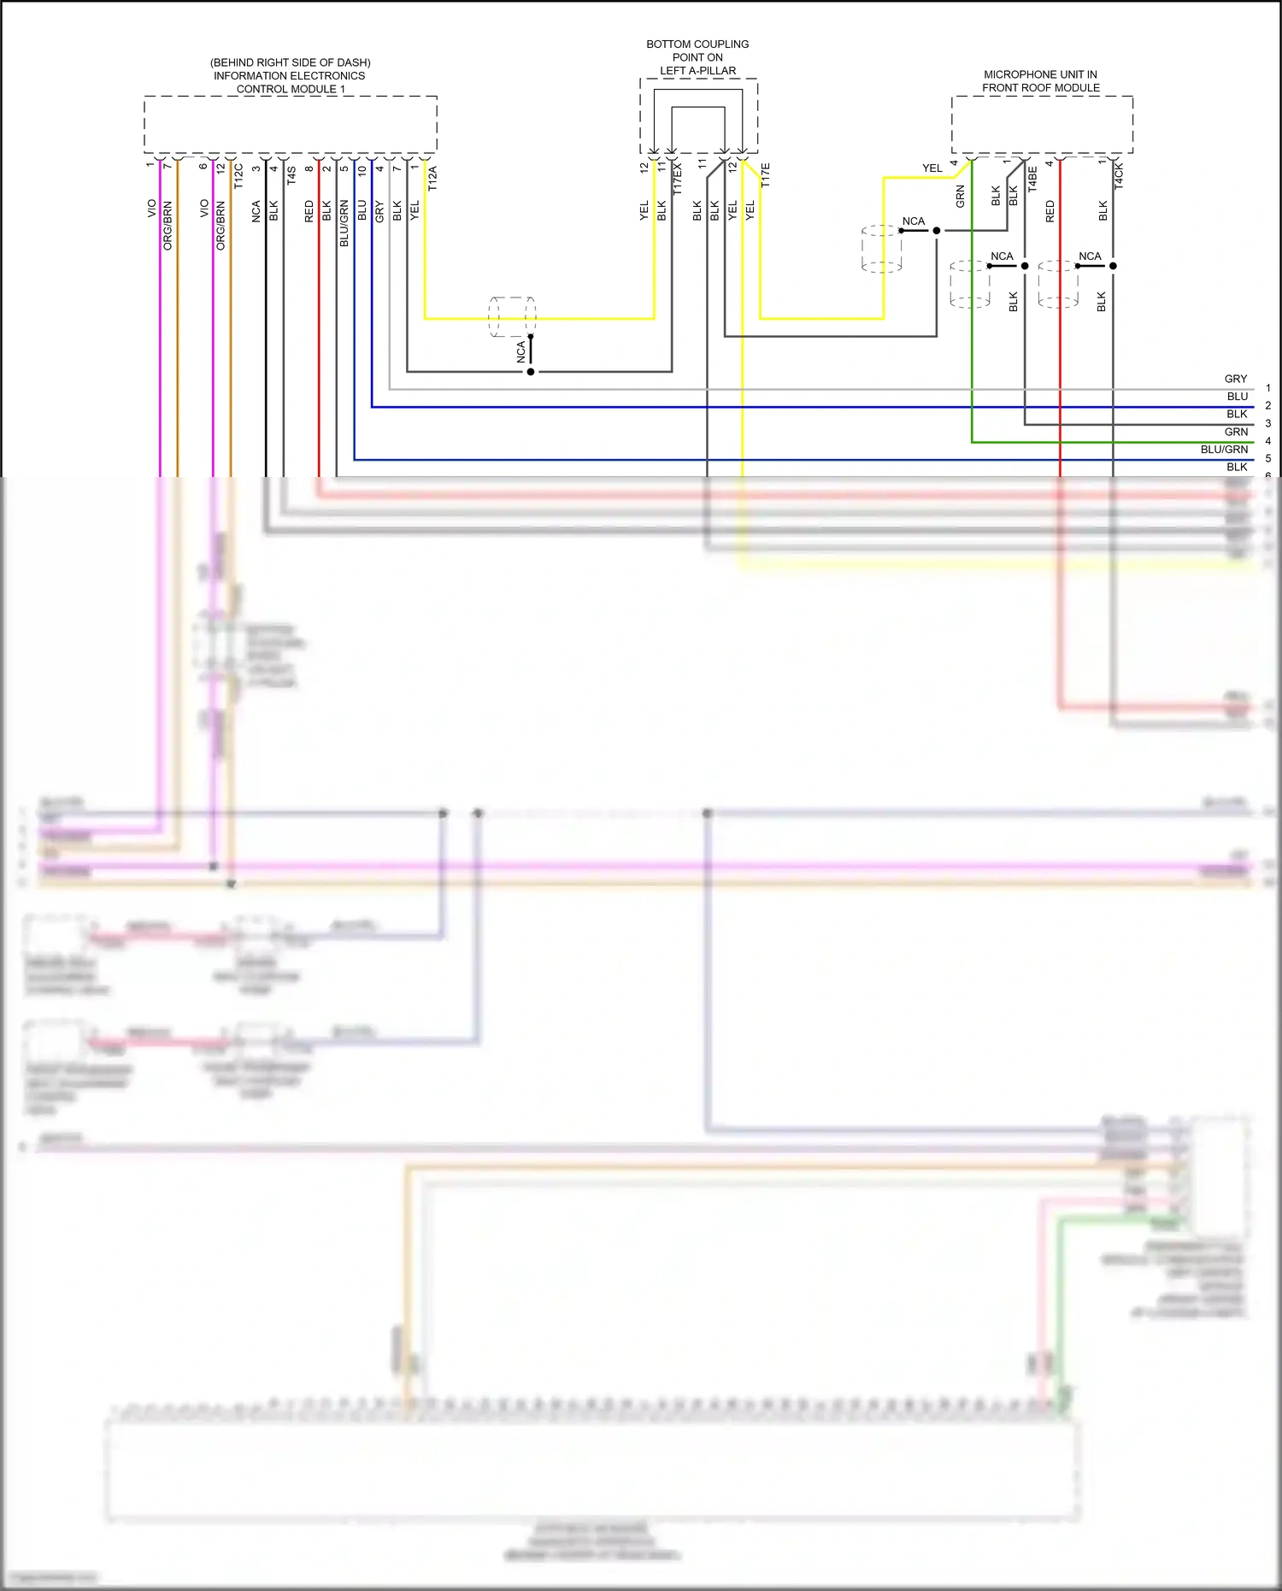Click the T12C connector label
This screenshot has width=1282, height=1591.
[238, 175]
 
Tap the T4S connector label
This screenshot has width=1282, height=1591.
[291, 175]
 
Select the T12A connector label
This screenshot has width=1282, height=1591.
[432, 178]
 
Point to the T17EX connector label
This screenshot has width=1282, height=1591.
[678, 180]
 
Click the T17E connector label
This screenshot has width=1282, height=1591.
[766, 175]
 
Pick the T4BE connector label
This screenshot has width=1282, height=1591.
[1032, 179]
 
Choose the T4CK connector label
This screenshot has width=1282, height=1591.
[1119, 175]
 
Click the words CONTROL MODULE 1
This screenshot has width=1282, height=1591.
[291, 89]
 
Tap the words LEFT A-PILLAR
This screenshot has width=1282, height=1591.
[697, 71]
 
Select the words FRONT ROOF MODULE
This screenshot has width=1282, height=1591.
[1040, 88]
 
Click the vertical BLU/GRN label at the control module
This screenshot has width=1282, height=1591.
[344, 224]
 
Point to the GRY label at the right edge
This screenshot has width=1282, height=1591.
[1235, 379]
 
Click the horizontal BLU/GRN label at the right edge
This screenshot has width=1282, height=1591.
[1224, 450]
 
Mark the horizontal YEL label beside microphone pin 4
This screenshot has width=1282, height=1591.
[932, 168]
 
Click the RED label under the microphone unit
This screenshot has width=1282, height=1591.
[1050, 212]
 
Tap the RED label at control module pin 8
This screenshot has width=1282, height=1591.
[309, 212]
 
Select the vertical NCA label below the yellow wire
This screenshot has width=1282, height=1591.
[520, 352]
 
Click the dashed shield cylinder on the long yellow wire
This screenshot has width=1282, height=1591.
[512, 317]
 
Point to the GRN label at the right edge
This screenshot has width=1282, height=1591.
[1236, 432]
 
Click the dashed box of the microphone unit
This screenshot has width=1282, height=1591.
[1042, 125]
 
